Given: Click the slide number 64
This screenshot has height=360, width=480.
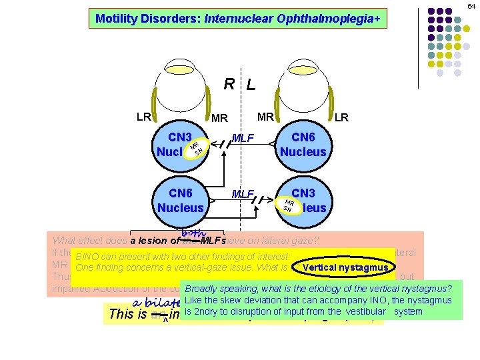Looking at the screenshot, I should (471, 6).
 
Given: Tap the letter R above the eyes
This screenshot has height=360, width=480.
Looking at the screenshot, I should (229, 84).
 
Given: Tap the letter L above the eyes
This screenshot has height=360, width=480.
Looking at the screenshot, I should (250, 85).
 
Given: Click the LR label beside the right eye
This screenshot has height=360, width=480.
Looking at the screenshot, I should (143, 117).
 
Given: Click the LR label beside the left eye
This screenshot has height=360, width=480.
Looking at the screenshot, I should (341, 118).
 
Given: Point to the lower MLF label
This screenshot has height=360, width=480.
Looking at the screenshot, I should (243, 195).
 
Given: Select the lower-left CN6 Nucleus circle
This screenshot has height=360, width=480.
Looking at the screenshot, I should (181, 201).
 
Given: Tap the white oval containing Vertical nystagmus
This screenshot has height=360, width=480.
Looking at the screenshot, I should (345, 268).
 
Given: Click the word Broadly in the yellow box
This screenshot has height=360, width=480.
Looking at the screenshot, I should (203, 289).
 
